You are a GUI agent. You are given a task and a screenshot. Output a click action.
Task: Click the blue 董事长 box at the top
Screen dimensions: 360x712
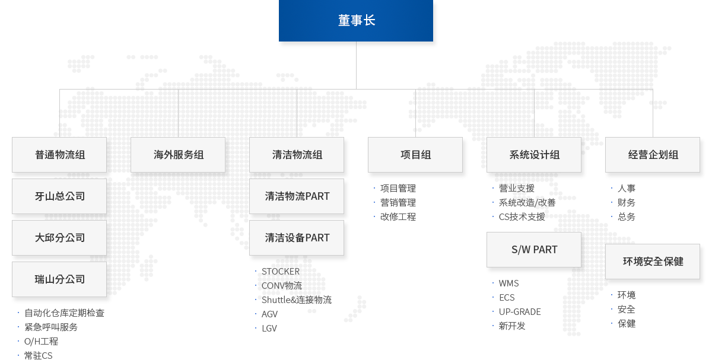point(357,21)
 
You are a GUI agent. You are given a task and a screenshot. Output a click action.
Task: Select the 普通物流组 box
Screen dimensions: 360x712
point(59,155)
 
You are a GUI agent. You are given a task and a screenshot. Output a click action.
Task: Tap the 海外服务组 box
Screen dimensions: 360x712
point(178,155)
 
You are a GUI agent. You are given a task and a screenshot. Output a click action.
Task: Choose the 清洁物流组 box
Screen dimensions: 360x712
point(297,155)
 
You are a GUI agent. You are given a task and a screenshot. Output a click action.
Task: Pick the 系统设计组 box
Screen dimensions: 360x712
point(534,155)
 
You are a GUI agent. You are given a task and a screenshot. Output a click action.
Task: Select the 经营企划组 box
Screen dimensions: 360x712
point(653,155)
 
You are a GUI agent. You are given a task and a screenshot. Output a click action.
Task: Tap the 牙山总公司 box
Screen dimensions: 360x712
point(59,196)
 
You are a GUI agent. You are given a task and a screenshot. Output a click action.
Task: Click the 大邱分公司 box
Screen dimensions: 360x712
point(59,238)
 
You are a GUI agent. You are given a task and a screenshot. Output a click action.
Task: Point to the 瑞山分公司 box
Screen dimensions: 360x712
point(59,279)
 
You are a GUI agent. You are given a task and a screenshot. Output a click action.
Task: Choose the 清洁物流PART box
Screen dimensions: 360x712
point(297,196)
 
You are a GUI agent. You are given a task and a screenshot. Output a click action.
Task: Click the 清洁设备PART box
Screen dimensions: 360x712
point(297,238)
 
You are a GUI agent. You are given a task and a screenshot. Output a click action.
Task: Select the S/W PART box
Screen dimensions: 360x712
point(534,250)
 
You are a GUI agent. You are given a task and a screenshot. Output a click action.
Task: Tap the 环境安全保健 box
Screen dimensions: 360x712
point(653,262)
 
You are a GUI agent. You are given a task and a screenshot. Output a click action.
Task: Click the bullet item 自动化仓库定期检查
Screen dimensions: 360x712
point(64,313)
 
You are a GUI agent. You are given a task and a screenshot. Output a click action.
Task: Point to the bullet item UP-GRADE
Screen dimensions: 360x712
point(520,312)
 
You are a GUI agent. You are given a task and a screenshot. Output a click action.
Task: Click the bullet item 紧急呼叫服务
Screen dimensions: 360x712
point(51,327)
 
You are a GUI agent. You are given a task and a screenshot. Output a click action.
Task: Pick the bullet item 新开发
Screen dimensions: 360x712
point(511,326)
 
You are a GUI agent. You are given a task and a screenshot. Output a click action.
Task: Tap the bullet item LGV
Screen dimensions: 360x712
point(269,329)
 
